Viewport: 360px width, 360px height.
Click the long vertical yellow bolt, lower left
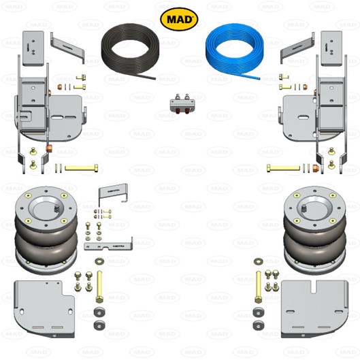point(100,287)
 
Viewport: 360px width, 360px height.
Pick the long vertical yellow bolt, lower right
point(259,287)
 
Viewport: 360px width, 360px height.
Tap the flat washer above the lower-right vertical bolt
point(259,261)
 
